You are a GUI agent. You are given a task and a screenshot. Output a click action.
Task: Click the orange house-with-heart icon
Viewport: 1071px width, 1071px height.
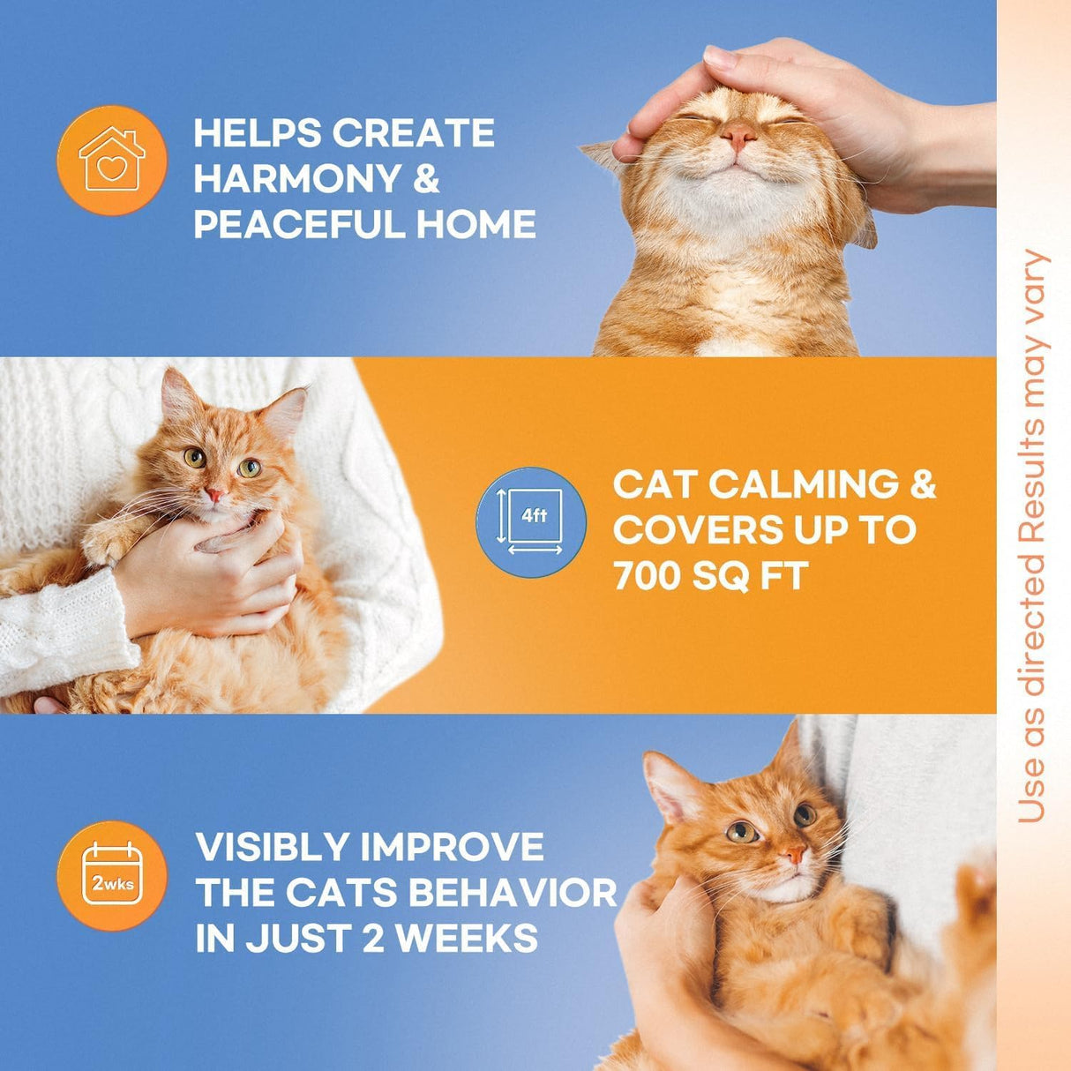(x=111, y=160)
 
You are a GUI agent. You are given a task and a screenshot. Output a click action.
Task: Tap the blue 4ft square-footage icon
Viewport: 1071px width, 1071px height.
(x=531, y=522)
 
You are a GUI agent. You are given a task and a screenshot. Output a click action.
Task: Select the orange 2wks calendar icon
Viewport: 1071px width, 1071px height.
(x=111, y=874)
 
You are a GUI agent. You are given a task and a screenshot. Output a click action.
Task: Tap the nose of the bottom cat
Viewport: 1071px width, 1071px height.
(x=795, y=854)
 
